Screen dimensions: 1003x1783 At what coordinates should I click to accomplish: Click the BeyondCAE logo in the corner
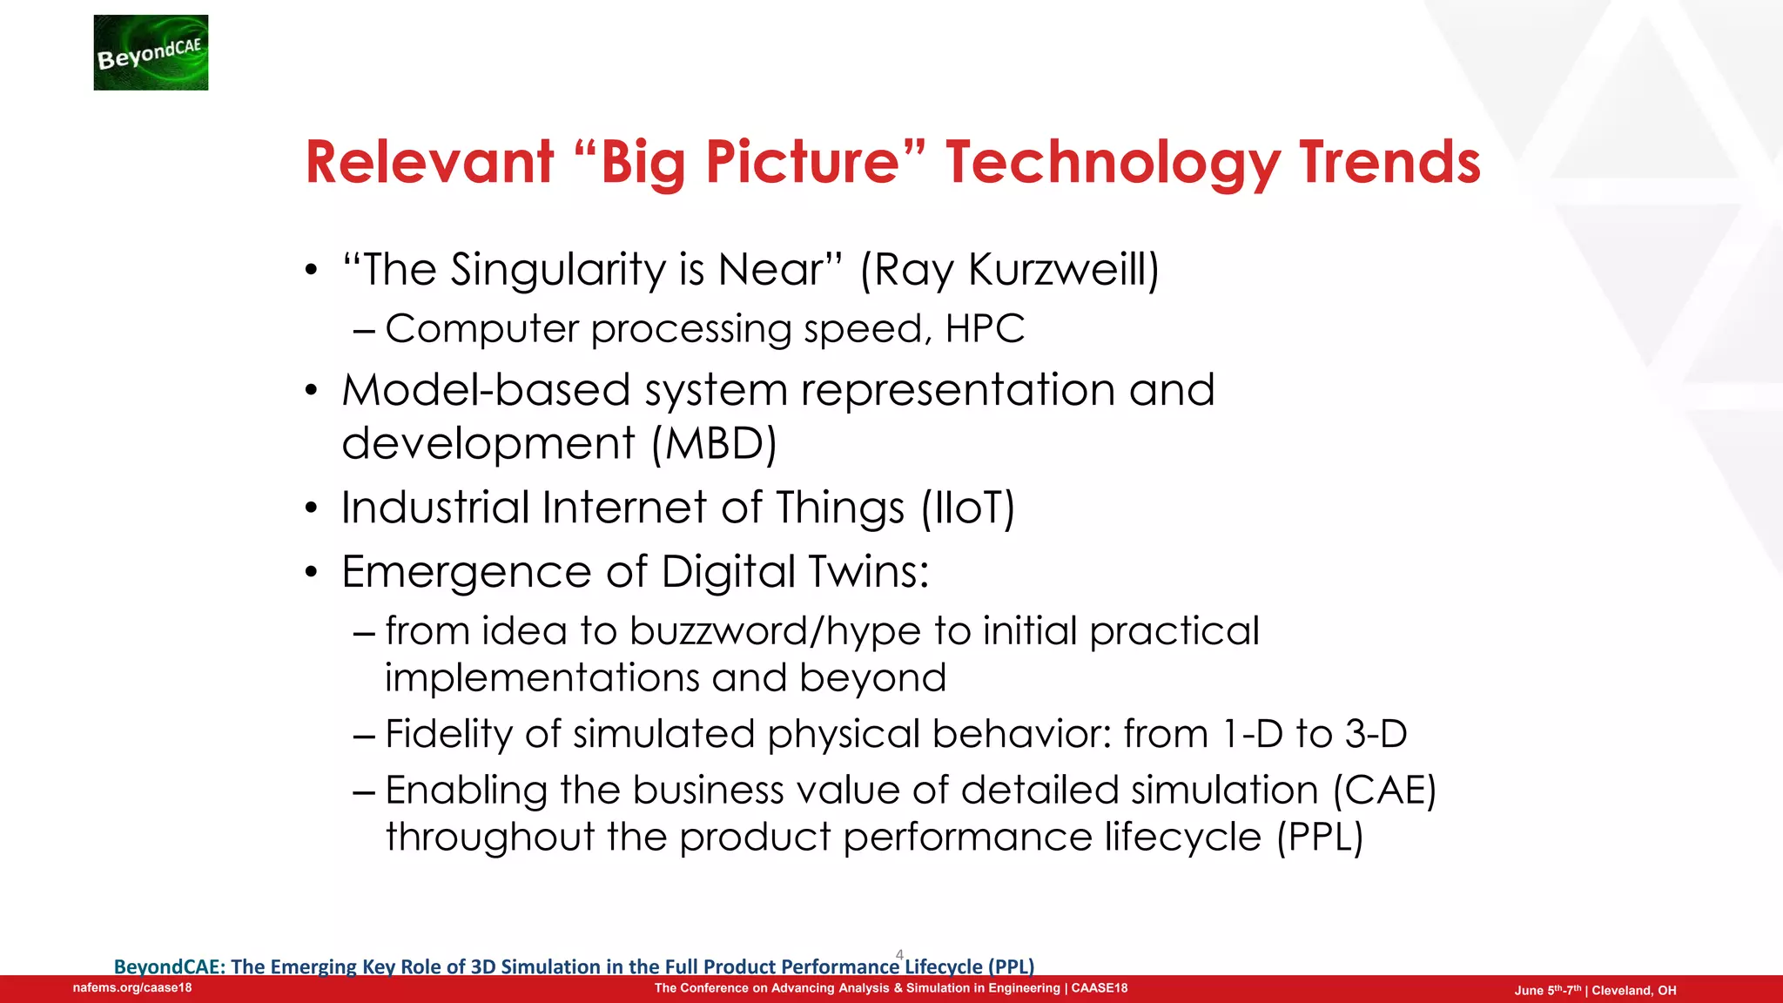click(151, 52)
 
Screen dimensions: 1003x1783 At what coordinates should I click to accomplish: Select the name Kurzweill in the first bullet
click(1063, 269)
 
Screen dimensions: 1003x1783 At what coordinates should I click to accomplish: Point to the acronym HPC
click(985, 329)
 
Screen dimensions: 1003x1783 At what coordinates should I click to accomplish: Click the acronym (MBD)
click(715, 443)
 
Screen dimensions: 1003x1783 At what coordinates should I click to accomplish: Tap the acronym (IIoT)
click(968, 508)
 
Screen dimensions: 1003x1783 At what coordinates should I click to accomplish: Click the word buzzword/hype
click(775, 630)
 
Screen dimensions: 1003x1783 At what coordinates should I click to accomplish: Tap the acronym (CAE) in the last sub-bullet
click(1384, 791)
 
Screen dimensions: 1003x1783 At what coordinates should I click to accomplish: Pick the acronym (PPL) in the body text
click(1319, 838)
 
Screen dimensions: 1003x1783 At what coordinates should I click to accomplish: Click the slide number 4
click(899, 954)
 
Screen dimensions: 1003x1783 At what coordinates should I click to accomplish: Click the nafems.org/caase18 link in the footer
click(132, 988)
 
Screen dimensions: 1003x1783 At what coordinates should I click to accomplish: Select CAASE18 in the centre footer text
click(1099, 988)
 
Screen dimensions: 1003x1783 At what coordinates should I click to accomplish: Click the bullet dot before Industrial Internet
click(312, 509)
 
